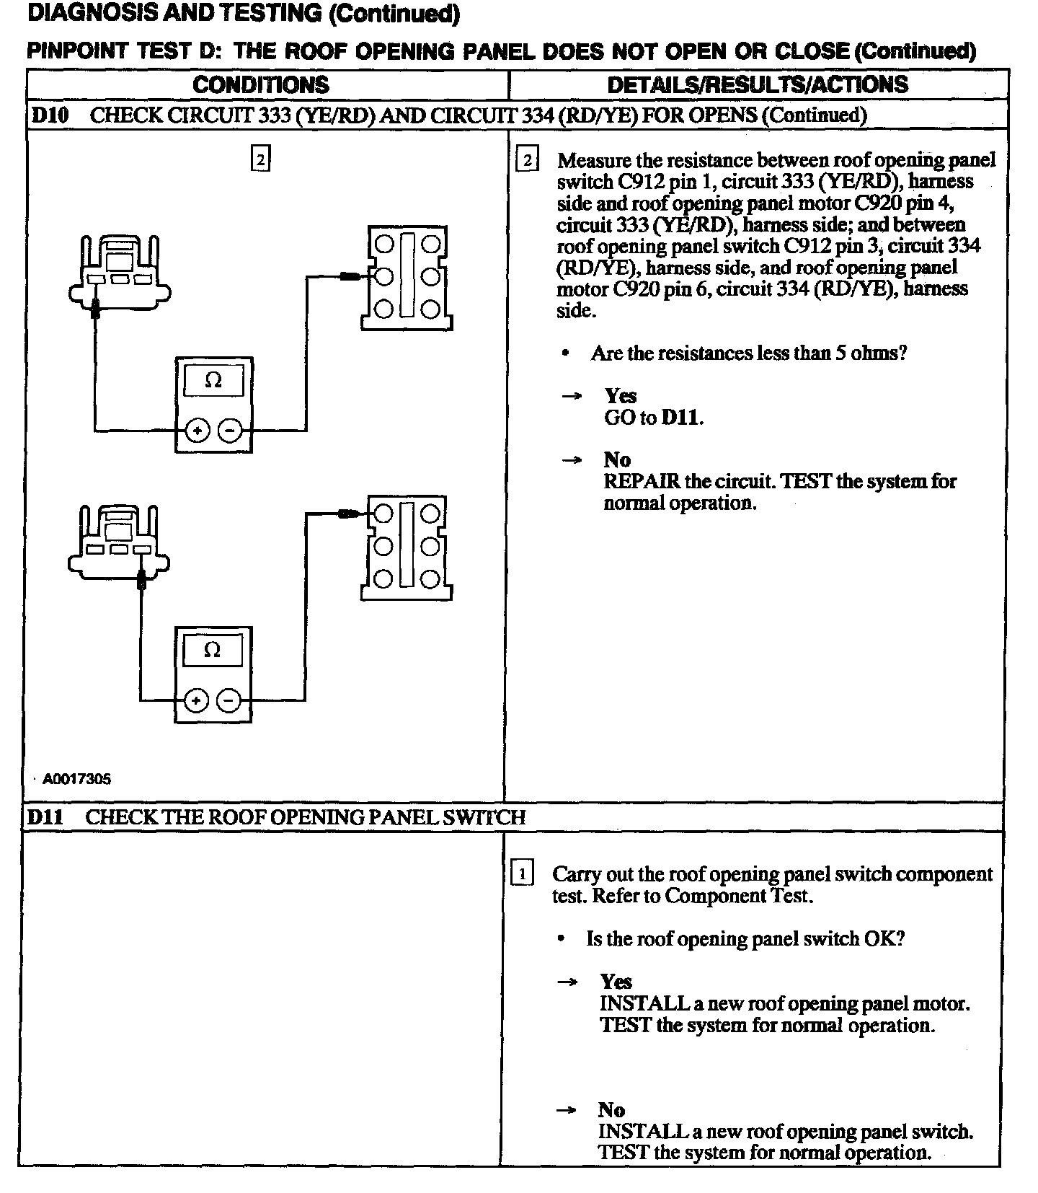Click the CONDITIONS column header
click(261, 85)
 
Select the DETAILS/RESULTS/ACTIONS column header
click(758, 85)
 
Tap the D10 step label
click(49, 115)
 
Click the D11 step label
click(45, 817)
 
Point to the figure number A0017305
click(76, 779)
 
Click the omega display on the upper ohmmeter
click(213, 380)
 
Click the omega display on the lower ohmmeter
click(213, 651)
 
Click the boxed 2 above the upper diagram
click(260, 159)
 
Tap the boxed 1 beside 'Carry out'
click(522, 874)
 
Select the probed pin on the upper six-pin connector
click(383, 276)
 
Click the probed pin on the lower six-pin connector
click(383, 514)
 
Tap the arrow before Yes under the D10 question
click(572, 396)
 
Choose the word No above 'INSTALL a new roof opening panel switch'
click(611, 1109)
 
